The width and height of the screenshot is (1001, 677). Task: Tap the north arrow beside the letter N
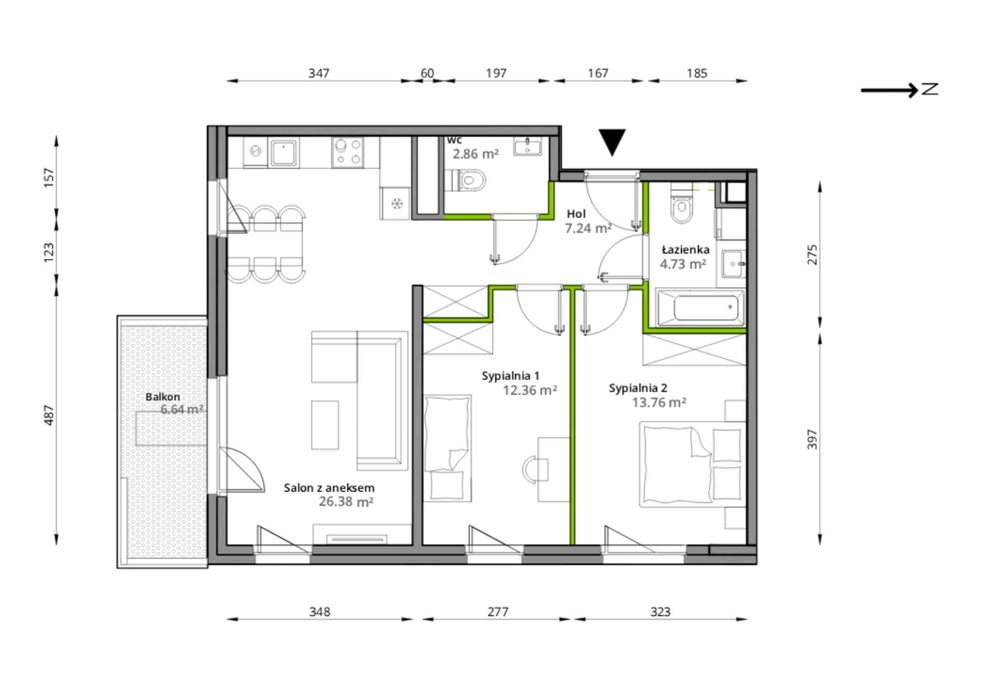click(890, 91)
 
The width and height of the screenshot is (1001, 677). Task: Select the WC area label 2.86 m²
click(476, 154)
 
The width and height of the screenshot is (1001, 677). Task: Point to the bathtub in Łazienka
click(701, 307)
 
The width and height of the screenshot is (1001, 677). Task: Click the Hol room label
click(576, 214)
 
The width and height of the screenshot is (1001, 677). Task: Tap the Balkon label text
click(163, 397)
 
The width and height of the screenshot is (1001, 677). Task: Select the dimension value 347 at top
click(319, 73)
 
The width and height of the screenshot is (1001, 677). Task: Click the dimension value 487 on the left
click(49, 415)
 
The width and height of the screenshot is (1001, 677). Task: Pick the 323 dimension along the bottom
click(660, 612)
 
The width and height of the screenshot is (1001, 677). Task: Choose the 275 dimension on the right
click(812, 255)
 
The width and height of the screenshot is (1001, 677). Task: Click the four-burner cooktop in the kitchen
click(348, 152)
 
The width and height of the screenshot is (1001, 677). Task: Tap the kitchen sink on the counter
click(284, 152)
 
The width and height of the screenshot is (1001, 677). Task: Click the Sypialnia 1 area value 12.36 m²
click(530, 390)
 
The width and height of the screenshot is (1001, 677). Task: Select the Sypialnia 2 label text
click(638, 388)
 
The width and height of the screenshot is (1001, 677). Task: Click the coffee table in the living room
click(325, 425)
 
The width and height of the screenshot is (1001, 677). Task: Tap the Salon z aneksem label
click(329, 488)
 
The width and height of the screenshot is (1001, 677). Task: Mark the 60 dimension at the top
click(427, 73)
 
